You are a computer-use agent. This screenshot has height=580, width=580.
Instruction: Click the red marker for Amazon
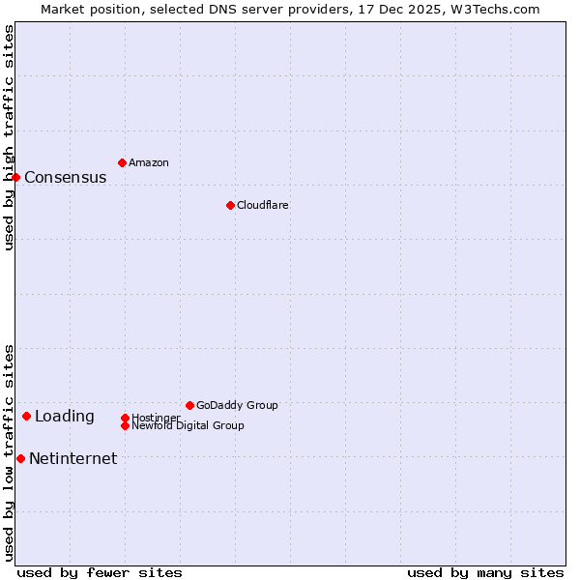122,162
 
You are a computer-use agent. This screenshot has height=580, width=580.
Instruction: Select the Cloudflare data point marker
230,205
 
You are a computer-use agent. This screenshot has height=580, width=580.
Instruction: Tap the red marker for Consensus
15,177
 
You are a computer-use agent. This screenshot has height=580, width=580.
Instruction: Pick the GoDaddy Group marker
189,405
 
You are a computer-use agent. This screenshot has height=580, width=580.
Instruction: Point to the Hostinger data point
125,418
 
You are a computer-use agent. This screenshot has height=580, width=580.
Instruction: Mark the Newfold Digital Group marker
125,425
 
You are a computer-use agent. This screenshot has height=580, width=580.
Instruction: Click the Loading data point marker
26,416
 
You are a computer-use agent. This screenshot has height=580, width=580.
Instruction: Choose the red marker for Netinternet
20,458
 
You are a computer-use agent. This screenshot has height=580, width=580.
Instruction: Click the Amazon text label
149,162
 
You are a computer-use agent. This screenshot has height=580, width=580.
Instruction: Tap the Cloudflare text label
263,205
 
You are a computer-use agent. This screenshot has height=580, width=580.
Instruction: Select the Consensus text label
66,178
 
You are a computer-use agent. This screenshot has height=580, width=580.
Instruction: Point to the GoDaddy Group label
237,405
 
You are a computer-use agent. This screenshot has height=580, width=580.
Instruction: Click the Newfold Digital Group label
188,426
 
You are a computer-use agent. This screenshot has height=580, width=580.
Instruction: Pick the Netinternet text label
73,459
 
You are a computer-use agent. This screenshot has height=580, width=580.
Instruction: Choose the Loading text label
65,417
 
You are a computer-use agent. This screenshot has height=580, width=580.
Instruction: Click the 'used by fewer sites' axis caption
100,572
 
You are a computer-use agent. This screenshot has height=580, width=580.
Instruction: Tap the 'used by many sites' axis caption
485,572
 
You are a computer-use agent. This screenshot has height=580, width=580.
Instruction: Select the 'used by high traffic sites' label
10,137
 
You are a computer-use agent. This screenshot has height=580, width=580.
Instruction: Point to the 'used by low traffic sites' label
10,452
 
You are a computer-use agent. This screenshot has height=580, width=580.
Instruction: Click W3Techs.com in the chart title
491,9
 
